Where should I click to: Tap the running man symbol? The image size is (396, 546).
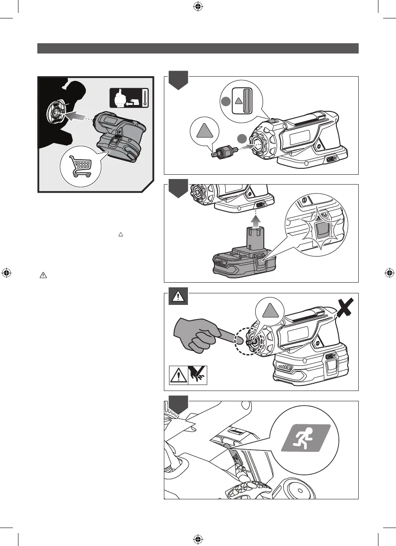pyautogui.click(x=305, y=437)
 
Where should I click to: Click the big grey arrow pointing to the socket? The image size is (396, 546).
pyautogui.click(x=80, y=116)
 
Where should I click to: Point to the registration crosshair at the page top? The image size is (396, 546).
pyautogui.click(x=198, y=6)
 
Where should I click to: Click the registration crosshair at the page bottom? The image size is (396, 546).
pyautogui.click(x=198, y=538)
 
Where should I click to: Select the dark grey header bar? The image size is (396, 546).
pyautogui.click(x=198, y=48)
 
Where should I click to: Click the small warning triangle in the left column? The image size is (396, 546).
pyautogui.click(x=42, y=276)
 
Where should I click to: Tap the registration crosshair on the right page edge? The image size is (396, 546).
pyautogui.click(x=389, y=272)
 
